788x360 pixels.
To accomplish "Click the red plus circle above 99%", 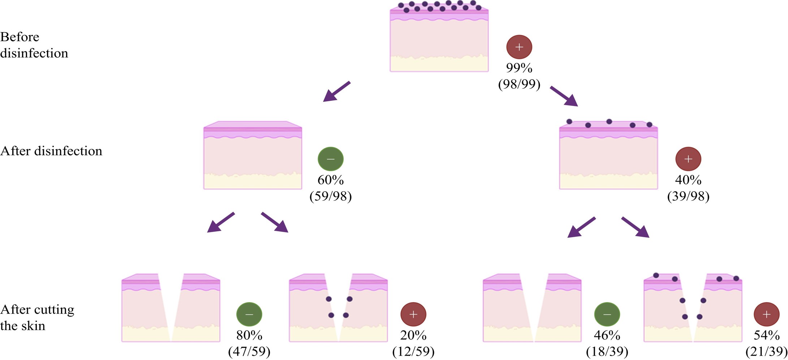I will point(519,47).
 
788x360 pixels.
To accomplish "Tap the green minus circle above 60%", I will point(330,159).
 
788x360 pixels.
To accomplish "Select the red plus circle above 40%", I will point(688,159).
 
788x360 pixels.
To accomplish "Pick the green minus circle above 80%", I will point(249,314).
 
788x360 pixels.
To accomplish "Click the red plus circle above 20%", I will point(413,314).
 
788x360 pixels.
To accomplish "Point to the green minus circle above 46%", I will point(607,314).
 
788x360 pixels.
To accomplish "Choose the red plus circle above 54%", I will point(766,314).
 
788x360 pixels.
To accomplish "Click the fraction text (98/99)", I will point(519,84).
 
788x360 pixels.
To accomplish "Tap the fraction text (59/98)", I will point(330,196).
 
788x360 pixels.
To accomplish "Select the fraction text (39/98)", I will point(688,196).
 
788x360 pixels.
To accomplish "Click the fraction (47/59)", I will point(249,352).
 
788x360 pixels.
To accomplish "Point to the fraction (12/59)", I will point(413,352).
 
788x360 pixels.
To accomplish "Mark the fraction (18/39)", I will point(607,352).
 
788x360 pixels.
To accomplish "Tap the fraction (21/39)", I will point(766,352).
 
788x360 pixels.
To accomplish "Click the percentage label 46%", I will point(607,335).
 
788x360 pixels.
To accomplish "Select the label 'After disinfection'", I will point(51,151).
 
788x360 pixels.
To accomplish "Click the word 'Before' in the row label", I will point(20,37).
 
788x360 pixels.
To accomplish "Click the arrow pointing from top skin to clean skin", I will point(336,91).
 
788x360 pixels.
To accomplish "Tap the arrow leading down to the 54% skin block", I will point(635,227).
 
